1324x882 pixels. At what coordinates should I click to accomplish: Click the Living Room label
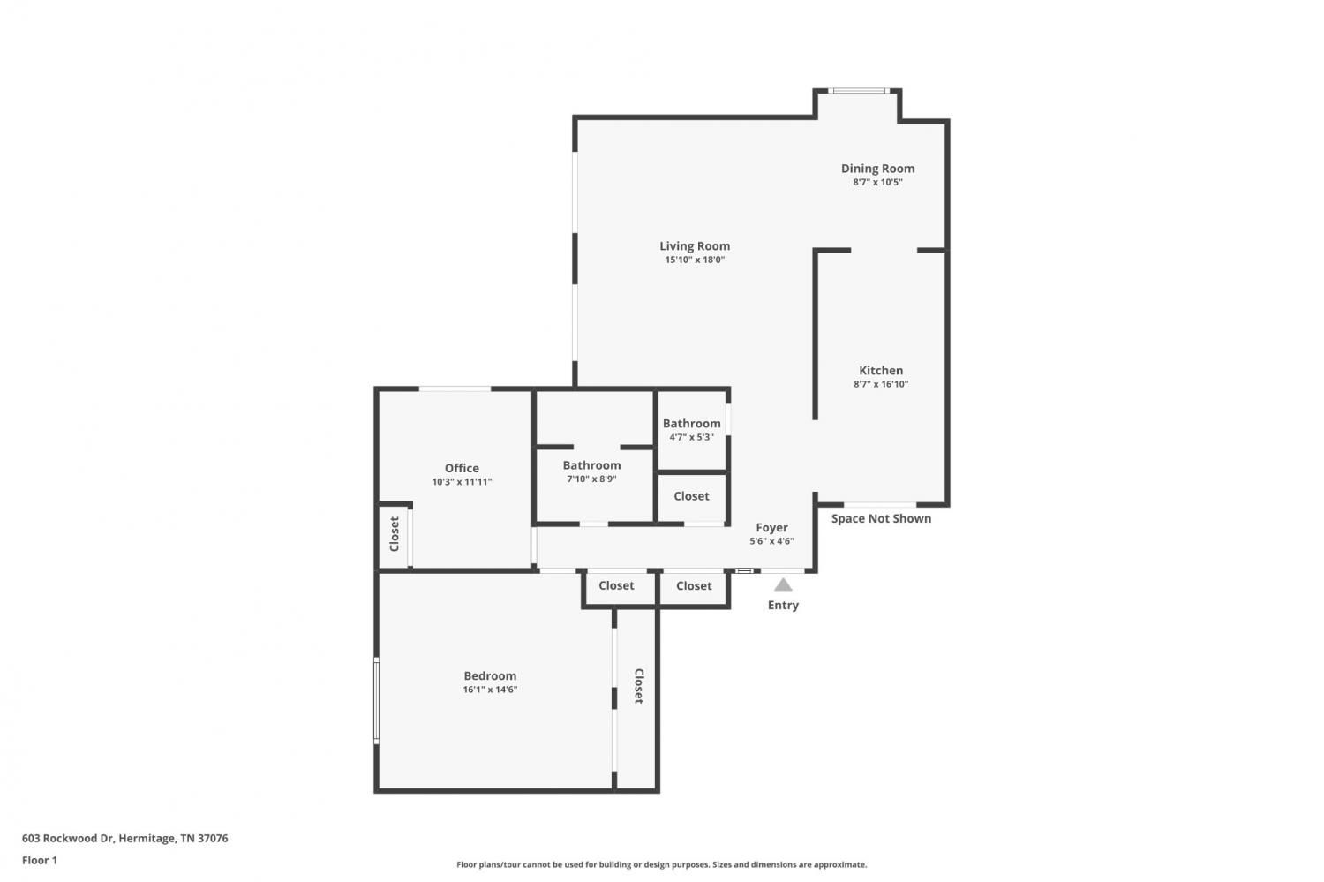coord(695,246)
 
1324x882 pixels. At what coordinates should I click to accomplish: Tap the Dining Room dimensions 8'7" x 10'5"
coord(877,182)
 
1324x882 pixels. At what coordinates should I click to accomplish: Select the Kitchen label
coord(881,371)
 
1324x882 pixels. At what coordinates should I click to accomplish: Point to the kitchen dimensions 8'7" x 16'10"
coord(881,384)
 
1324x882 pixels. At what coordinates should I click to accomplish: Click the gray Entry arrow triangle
coord(783,584)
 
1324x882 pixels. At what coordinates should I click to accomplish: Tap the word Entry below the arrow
coord(783,605)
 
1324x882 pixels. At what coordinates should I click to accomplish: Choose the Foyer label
coord(772,527)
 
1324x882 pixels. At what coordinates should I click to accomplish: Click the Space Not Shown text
coord(881,518)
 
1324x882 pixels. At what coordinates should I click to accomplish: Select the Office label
coord(462,468)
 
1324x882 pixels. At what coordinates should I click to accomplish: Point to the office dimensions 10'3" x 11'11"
coord(462,482)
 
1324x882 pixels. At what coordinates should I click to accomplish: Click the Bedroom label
coord(490,675)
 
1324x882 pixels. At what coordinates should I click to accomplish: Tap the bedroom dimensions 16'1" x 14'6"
coord(490,690)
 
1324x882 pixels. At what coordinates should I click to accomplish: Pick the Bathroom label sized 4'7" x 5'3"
coord(691,423)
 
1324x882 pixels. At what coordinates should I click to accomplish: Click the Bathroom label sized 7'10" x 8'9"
coord(591,465)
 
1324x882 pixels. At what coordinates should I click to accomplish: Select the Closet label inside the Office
coord(395,534)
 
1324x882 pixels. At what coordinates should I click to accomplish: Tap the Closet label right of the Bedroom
coord(639,686)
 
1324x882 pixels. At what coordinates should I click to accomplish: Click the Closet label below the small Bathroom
coord(691,496)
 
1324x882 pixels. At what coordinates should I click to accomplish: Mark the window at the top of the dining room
coord(859,91)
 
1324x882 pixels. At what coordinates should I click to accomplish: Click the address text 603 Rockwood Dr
coord(68,838)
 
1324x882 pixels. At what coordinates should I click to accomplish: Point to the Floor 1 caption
coord(40,860)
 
